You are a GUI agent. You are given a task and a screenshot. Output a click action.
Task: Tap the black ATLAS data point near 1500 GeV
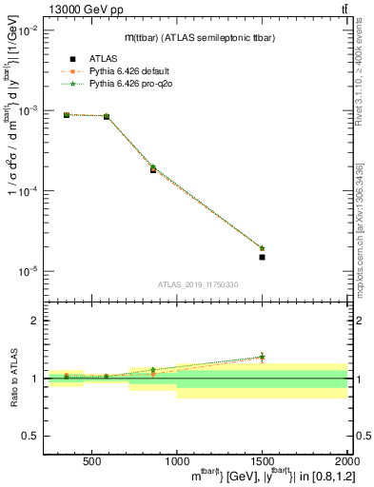pyautogui.click(x=262, y=257)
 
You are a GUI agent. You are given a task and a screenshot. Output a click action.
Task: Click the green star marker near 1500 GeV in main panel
pyautogui.click(x=262, y=248)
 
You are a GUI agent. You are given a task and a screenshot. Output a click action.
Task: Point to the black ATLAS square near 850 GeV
pyautogui.click(x=152, y=169)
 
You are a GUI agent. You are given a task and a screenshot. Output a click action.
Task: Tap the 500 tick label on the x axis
pyautogui.click(x=92, y=462)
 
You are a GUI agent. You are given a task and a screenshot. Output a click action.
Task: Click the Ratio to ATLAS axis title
pyautogui.click(x=12, y=378)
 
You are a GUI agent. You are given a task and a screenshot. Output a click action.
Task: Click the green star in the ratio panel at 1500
pyautogui.click(x=262, y=357)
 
